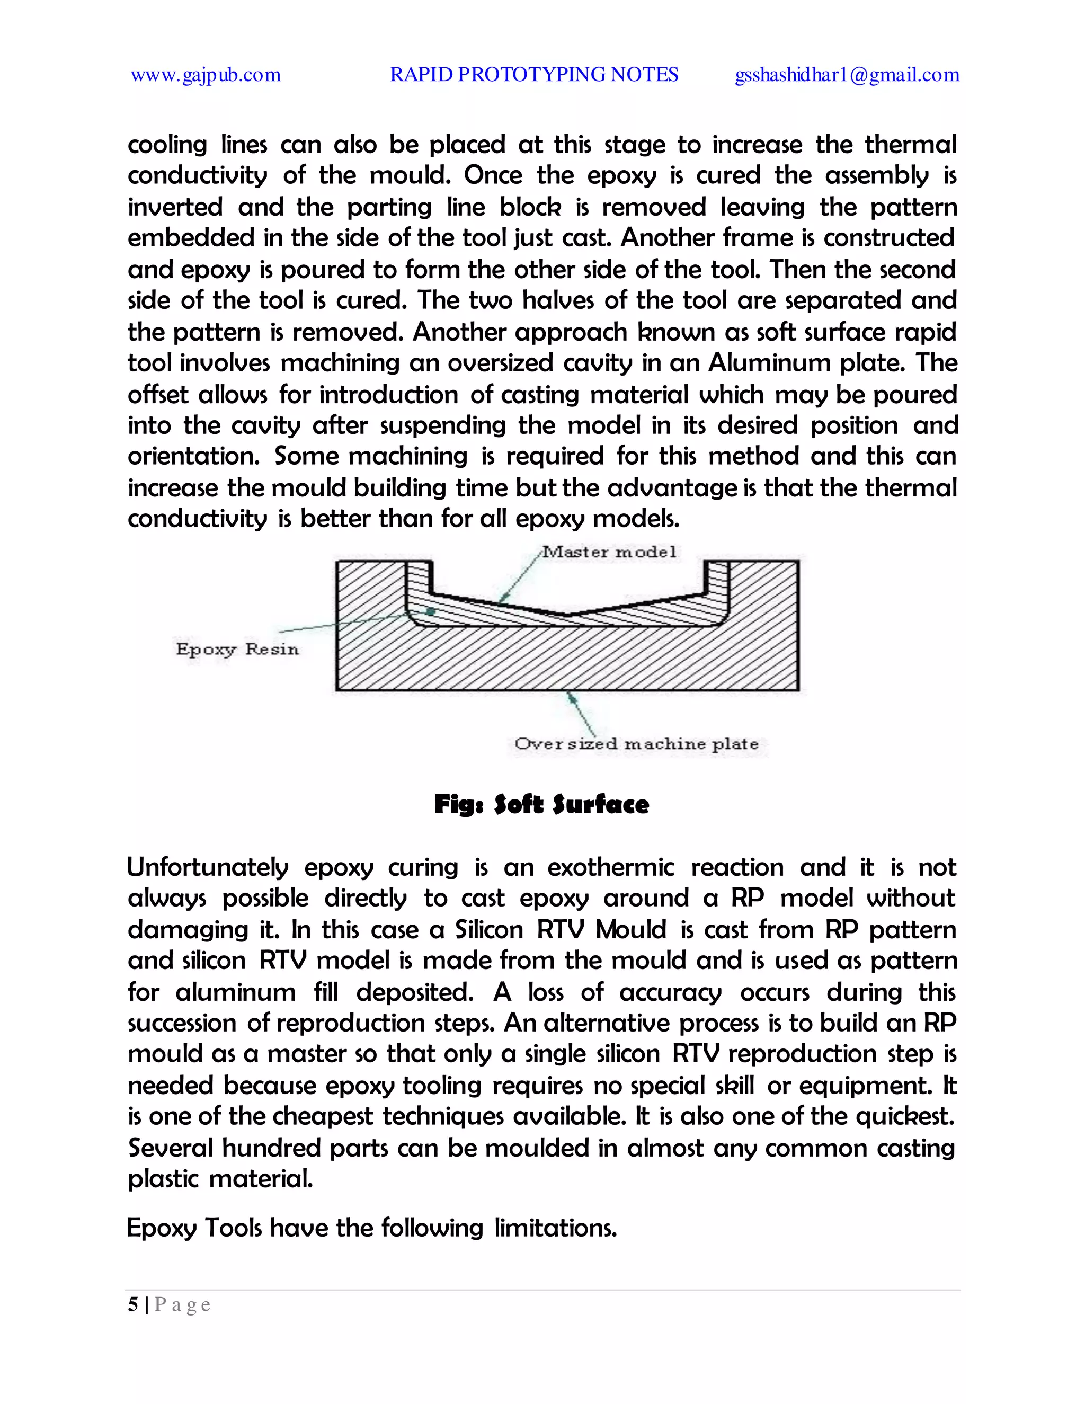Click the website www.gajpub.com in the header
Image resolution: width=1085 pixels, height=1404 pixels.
pyautogui.click(x=206, y=75)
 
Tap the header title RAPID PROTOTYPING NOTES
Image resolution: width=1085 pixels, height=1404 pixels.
pyautogui.click(x=533, y=75)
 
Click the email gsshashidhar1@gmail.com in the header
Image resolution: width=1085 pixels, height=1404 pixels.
pyautogui.click(x=847, y=75)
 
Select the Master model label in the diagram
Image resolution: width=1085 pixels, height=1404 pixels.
pyautogui.click(x=609, y=552)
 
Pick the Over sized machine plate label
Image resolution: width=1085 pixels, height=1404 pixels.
pyautogui.click(x=636, y=744)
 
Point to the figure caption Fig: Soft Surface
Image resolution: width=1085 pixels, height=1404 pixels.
pyautogui.click(x=541, y=804)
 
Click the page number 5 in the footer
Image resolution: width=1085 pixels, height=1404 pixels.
pyautogui.click(x=133, y=1305)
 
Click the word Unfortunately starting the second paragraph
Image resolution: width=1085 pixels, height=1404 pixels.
pyautogui.click(x=207, y=867)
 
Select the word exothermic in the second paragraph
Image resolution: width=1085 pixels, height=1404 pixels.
pyautogui.click(x=611, y=867)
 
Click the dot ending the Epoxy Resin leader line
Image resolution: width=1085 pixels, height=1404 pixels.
pyautogui.click(x=431, y=611)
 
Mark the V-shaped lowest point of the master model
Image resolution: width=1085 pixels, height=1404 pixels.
pyautogui.click(x=567, y=615)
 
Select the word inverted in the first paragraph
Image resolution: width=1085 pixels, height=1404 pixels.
pyautogui.click(x=175, y=207)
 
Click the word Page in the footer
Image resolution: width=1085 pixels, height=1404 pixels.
pyautogui.click(x=183, y=1305)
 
